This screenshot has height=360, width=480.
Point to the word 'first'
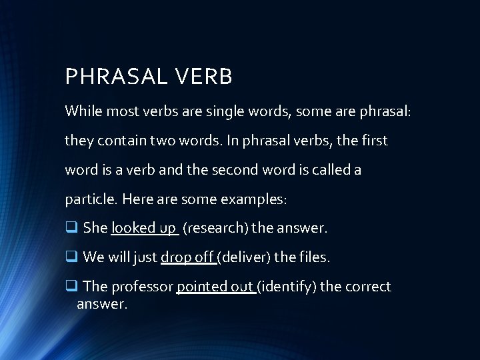pos(373,141)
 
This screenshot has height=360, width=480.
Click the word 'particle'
pos(89,199)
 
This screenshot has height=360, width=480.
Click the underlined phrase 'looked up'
pos(143,228)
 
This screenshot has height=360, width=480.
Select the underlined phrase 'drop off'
pos(187,257)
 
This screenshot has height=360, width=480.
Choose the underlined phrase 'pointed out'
pos(215,286)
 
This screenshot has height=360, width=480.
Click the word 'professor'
pos(140,286)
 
